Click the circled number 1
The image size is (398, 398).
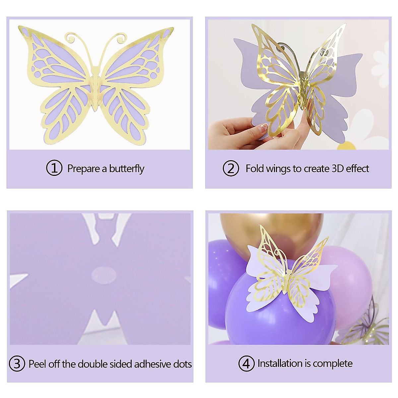pyautogui.click(x=54, y=168)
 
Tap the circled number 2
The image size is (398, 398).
pyautogui.click(x=231, y=168)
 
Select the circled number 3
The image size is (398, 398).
pyautogui.click(x=17, y=364)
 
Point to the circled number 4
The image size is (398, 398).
pyautogui.click(x=246, y=364)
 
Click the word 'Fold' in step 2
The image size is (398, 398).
pyautogui.click(x=254, y=168)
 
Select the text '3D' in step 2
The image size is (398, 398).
pyautogui.click(x=338, y=168)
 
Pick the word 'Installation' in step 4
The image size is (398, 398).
pyautogui.click(x=280, y=364)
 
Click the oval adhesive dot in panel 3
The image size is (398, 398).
pyautogui.click(x=103, y=275)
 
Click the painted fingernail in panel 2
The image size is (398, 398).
pyautogui.click(x=264, y=127)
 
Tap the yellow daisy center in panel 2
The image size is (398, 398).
pyautogui.click(x=347, y=145)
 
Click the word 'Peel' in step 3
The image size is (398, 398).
pyautogui.click(x=37, y=364)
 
